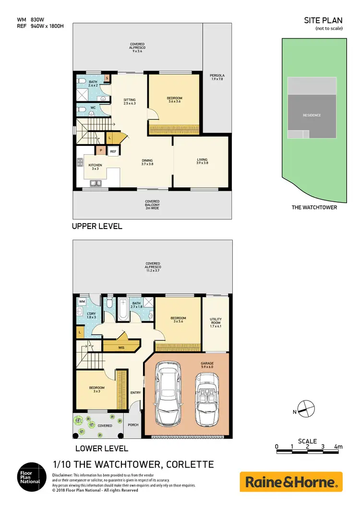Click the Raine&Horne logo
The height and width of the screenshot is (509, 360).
pos(291,482)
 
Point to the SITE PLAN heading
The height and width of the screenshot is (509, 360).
pos(324,20)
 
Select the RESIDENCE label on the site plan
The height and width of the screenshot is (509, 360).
pos(312,115)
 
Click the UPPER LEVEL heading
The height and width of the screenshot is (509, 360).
pos(97,226)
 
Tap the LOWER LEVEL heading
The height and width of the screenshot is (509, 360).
pos(102,448)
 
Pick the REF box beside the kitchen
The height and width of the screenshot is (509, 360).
pos(113,151)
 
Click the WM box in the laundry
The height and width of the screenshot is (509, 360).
pos(82,302)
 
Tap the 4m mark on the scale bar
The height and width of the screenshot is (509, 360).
pos(339,447)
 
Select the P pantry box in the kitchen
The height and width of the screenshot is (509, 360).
pos(101,151)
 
